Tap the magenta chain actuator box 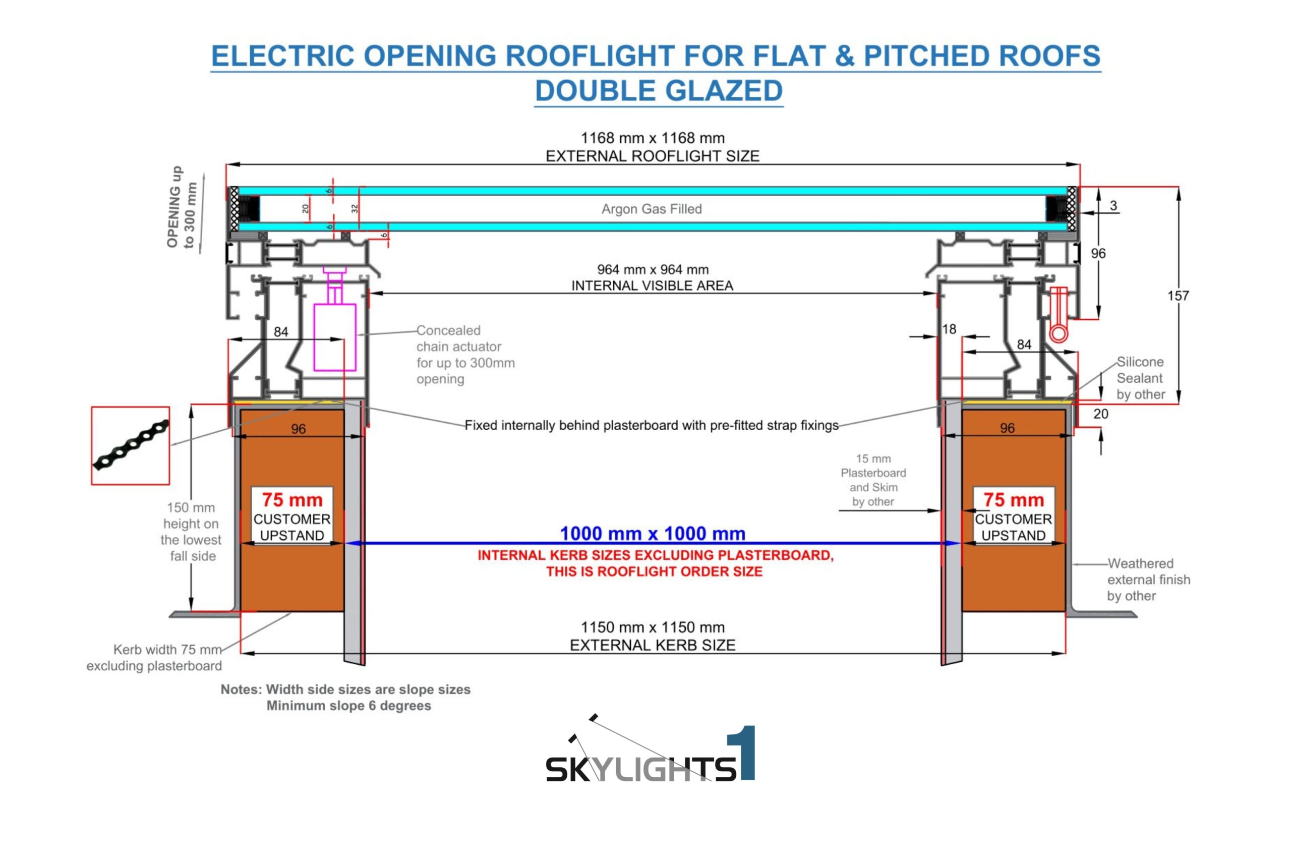pyautogui.click(x=335, y=337)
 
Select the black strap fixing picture pyautogui.click(x=130, y=445)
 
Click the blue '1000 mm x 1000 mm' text pyautogui.click(x=653, y=533)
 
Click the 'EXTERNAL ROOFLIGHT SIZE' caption pyautogui.click(x=653, y=156)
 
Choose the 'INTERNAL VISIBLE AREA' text pyautogui.click(x=653, y=285)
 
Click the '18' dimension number pyautogui.click(x=949, y=329)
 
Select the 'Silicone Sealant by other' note pyautogui.click(x=1140, y=378)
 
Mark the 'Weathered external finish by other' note pyautogui.click(x=1148, y=580)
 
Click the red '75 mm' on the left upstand pyautogui.click(x=292, y=500)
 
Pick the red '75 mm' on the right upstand pyautogui.click(x=1014, y=500)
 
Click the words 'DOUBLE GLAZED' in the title pyautogui.click(x=659, y=91)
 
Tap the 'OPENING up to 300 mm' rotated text pyautogui.click(x=182, y=207)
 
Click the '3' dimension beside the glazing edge pyautogui.click(x=1113, y=206)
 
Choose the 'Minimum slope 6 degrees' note pyautogui.click(x=348, y=705)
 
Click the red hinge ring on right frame pyautogui.click(x=1059, y=333)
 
